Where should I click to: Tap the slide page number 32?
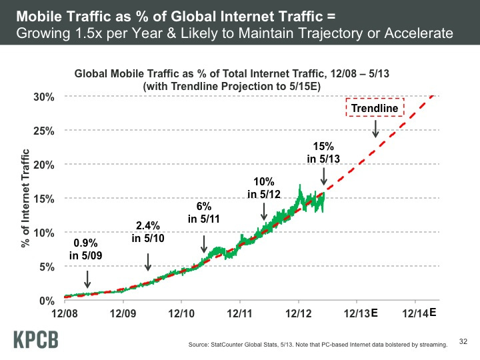465,342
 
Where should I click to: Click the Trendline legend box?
375,108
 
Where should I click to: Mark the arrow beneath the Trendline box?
375,129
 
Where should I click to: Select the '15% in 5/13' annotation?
323,152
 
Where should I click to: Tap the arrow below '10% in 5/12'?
265,211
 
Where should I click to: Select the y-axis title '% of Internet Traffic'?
27,199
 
